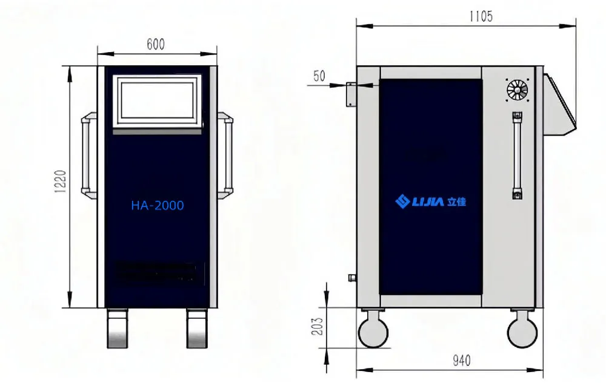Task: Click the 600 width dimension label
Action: coord(156,44)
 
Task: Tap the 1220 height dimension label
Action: coord(61,182)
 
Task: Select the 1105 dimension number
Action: coord(481,16)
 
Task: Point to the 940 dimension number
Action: coord(461,361)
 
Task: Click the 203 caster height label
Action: coord(317,326)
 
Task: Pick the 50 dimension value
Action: coord(319,76)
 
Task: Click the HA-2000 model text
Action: coord(158,205)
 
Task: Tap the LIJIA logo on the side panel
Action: coord(430,201)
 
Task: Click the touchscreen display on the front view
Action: coord(158,101)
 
